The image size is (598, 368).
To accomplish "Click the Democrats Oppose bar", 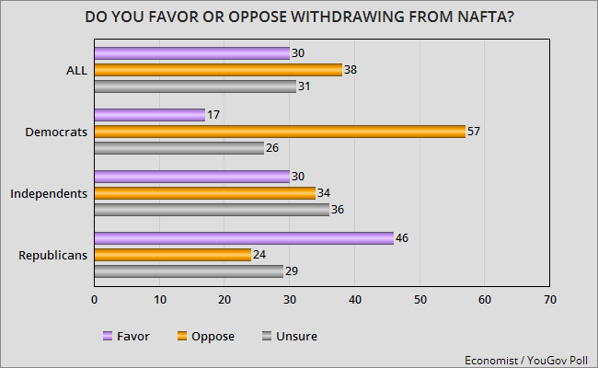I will (280, 132).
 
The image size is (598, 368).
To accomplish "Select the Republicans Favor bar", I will (244, 238).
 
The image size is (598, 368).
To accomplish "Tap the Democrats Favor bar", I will (149, 115).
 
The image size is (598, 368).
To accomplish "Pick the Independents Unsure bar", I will (212, 210).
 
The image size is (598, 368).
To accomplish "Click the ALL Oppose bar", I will (218, 70).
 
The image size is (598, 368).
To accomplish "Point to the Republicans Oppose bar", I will (172, 255).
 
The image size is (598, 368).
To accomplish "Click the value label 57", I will (476, 132).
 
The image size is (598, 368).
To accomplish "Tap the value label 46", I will (402, 238).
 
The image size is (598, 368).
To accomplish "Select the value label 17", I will (214, 115).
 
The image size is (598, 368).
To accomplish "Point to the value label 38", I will (351, 70).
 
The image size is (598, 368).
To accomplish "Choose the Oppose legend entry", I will (207, 336).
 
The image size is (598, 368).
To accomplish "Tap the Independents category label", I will (48, 193).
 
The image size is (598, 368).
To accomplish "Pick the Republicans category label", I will (52, 255).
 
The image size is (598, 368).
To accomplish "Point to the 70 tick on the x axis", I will (550, 300).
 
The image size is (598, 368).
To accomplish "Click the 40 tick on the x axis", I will (355, 300).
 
